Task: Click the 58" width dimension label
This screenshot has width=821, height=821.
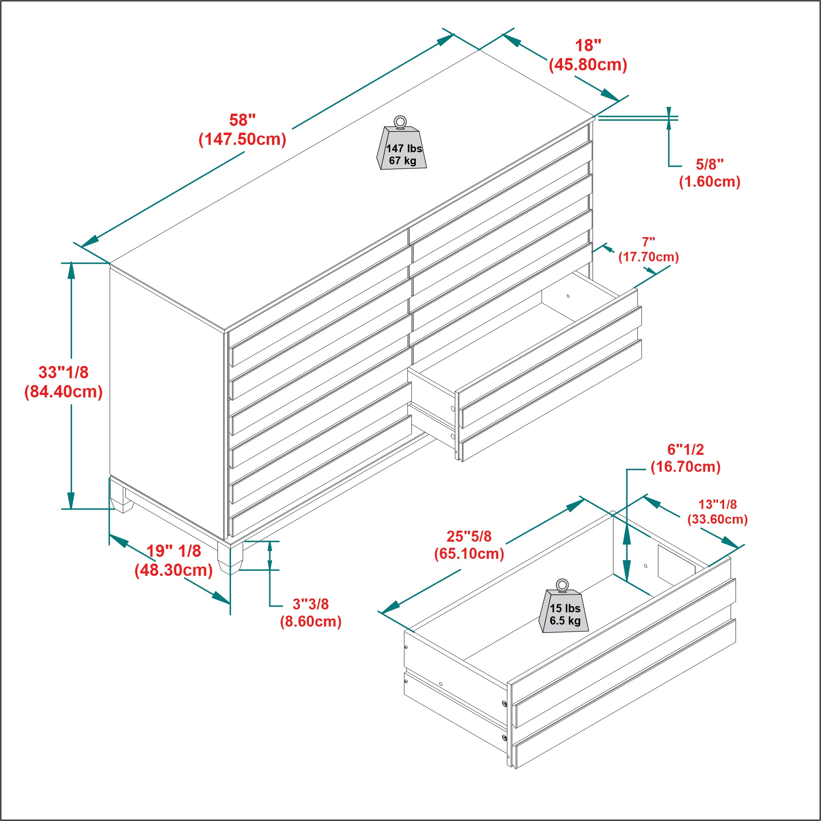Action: [242, 120]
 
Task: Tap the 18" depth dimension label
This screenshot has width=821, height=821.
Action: [588, 46]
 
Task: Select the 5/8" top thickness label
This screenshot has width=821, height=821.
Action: [709, 164]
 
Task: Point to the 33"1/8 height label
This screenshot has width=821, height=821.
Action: [64, 372]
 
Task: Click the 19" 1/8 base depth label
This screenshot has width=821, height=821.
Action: [174, 551]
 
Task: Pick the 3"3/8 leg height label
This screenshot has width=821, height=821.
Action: [311, 604]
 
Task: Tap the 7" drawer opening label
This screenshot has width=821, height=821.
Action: [648, 242]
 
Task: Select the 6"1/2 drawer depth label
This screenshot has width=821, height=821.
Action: [685, 449]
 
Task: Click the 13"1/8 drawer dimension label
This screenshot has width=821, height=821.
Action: [718, 504]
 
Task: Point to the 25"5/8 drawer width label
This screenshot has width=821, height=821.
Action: [469, 536]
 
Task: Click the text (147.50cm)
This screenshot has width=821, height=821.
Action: [242, 139]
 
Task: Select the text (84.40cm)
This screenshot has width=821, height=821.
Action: [64, 392]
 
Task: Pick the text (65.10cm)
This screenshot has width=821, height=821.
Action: [469, 554]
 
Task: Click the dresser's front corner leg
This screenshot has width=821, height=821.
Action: [230, 557]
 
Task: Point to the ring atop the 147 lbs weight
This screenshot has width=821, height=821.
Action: [399, 122]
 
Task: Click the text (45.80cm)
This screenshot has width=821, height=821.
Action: [588, 65]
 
